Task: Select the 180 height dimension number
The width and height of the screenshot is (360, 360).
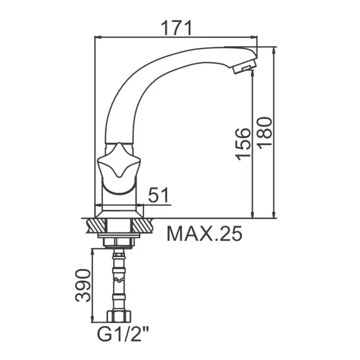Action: pyautogui.click(x=264, y=133)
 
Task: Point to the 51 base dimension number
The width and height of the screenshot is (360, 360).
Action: pyautogui.click(x=159, y=196)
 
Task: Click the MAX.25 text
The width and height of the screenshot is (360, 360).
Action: pyautogui.click(x=204, y=234)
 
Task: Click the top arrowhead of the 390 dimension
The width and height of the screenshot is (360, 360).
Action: pyautogui.click(x=94, y=250)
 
